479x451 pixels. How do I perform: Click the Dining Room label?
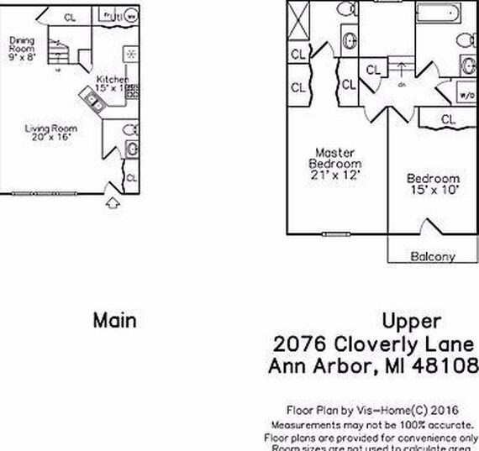point(23,45)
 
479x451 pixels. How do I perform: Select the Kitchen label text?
point(113,81)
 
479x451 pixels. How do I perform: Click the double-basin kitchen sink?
point(93,100)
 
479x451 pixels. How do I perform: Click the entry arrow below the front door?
point(113,202)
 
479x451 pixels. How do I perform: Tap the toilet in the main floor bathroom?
point(130,131)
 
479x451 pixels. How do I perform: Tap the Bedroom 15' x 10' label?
point(433,185)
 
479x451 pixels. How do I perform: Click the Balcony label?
point(432,256)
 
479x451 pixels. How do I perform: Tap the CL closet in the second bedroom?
point(448,120)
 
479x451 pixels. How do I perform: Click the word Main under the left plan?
point(114,320)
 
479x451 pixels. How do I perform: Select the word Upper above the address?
point(411,321)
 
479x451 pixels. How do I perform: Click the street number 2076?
point(300,344)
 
